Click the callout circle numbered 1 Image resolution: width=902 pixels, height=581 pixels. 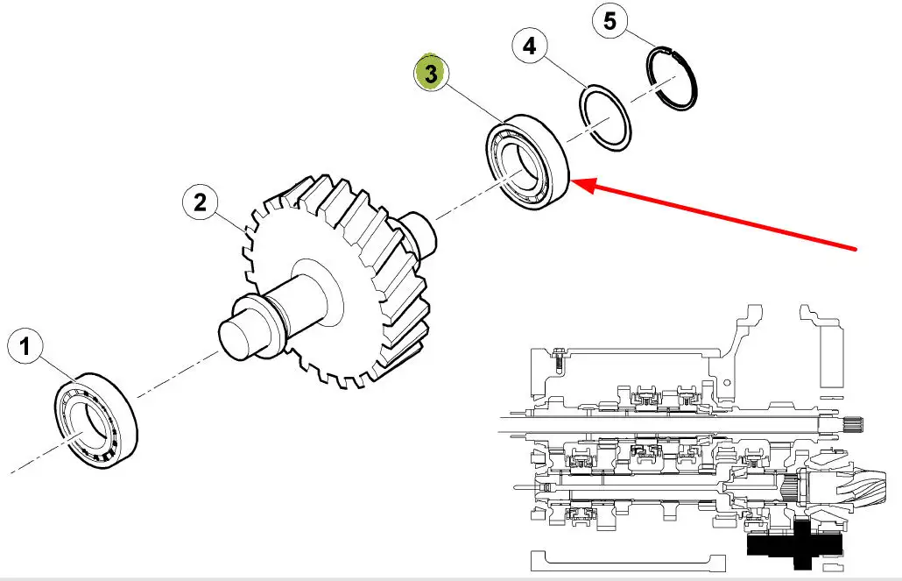25,346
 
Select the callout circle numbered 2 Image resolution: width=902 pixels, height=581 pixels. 200,202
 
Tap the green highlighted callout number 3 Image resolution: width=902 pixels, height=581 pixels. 432,73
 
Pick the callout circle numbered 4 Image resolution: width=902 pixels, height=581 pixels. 530,46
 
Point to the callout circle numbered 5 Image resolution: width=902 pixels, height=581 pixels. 610,22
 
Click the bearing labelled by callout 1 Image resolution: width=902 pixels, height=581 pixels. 96,421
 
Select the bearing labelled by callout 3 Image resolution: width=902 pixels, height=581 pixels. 527,162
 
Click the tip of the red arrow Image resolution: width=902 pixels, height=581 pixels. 573,182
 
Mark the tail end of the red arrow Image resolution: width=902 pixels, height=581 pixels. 856,250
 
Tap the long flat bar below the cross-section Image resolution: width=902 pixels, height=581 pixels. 628,562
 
